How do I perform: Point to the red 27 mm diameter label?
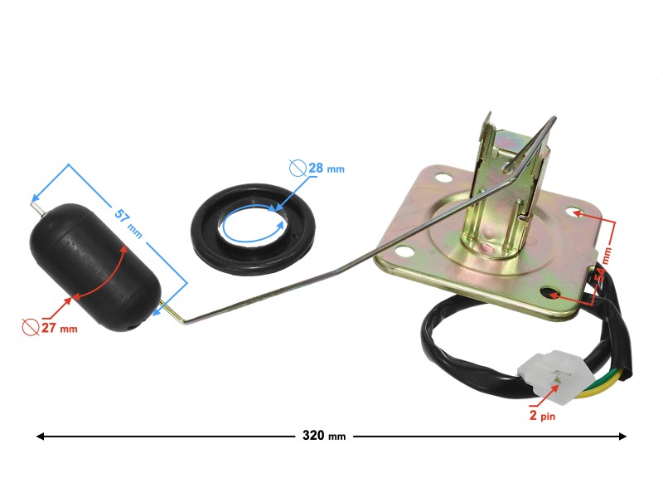[x=57, y=328]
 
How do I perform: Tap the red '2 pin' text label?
[x=541, y=416]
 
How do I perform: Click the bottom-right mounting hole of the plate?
[x=549, y=293]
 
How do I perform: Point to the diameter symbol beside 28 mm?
[x=298, y=168]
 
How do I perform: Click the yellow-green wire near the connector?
[x=601, y=386]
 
